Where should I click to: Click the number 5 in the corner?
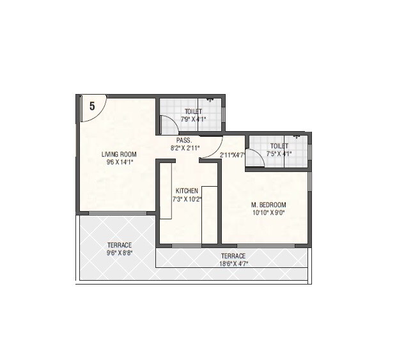point(92,107)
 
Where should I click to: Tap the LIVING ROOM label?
point(119,154)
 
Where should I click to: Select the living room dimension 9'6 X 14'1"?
point(119,162)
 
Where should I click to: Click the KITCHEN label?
point(187,191)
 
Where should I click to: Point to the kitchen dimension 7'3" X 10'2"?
point(187,199)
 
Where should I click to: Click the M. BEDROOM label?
point(269,205)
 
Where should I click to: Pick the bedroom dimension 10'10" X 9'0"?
point(269,213)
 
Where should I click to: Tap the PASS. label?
point(185,140)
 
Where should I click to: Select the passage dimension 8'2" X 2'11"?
point(185,148)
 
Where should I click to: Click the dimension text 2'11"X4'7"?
point(233,155)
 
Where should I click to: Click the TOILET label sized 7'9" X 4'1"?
point(193,111)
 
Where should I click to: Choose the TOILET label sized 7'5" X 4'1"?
point(279,146)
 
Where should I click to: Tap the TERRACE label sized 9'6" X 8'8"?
point(119,245)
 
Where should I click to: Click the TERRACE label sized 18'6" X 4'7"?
point(233,256)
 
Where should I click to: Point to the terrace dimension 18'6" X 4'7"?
point(233,263)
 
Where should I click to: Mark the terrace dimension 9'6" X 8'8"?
point(119,253)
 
